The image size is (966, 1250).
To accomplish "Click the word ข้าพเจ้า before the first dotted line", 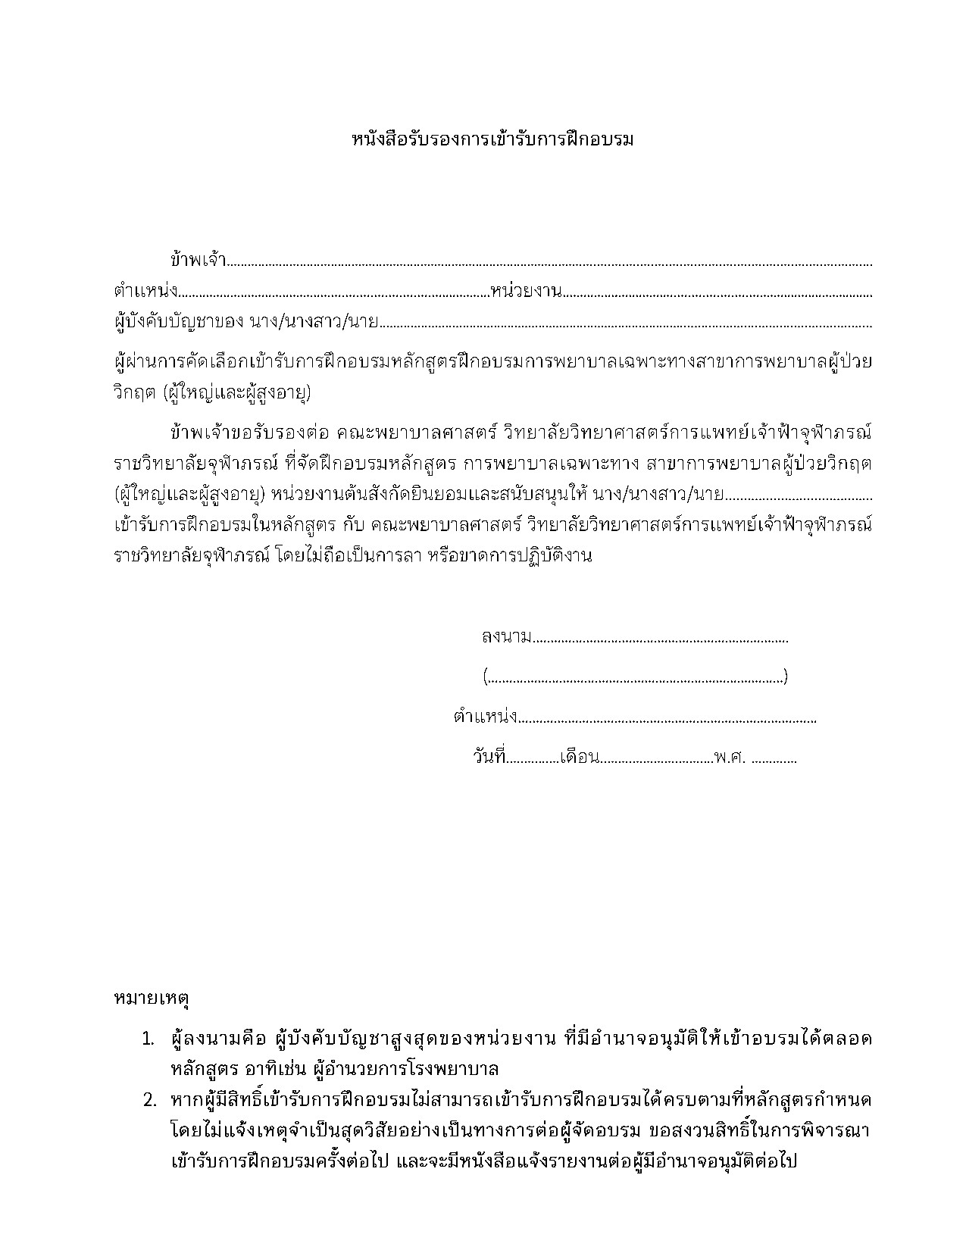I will [x=199, y=260].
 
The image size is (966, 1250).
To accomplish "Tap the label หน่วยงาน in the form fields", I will [x=526, y=292].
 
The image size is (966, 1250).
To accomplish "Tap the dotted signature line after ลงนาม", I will [x=661, y=639].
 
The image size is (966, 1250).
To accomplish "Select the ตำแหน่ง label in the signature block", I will [x=485, y=716].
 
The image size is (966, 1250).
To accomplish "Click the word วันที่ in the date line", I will [x=489, y=757].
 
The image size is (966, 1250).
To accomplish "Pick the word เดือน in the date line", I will [x=580, y=757].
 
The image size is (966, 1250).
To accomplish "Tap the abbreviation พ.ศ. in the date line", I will [x=730, y=757].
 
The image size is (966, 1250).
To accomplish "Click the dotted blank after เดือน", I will [x=656, y=759].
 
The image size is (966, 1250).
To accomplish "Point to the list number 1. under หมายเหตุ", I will [x=148, y=1039].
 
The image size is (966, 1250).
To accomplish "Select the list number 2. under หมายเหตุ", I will [x=149, y=1100].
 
